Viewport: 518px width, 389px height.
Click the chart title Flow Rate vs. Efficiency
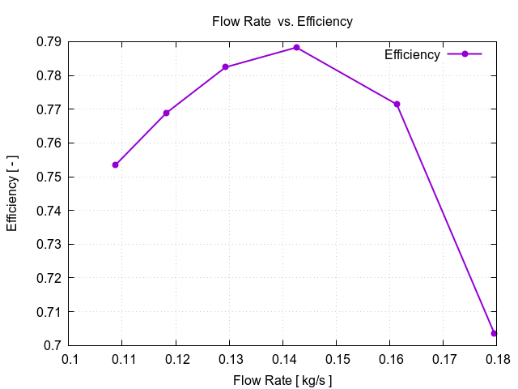(x=282, y=22)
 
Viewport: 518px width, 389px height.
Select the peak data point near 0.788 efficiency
(x=296, y=48)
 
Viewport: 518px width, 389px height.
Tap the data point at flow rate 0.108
(x=116, y=165)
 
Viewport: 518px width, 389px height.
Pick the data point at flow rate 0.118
(x=167, y=113)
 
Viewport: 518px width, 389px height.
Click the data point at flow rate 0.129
(x=226, y=67)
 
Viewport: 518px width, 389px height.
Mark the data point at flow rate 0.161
(x=397, y=104)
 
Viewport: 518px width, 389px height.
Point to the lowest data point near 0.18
(x=494, y=333)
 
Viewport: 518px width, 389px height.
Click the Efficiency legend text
(x=412, y=54)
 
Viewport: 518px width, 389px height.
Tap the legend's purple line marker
(x=465, y=54)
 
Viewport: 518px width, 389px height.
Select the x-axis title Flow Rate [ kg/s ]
(x=282, y=380)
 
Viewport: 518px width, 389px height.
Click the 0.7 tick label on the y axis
(x=54, y=345)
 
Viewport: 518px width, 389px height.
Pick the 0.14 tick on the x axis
(x=283, y=358)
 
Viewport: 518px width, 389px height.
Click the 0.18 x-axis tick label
(x=496, y=358)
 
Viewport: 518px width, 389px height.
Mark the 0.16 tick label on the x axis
(x=390, y=358)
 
